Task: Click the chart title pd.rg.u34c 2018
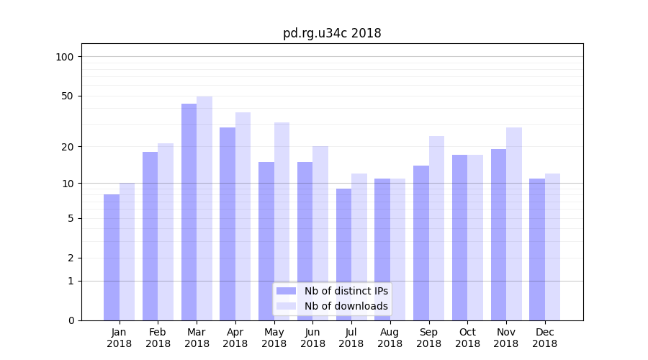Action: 332,33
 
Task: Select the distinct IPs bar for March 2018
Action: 189,212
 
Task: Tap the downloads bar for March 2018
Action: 204,208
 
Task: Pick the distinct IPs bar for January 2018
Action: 112,257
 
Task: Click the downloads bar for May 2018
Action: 282,221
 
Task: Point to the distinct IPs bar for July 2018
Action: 343,254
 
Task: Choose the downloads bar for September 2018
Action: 436,228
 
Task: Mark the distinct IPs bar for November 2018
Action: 498,235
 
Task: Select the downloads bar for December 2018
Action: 552,247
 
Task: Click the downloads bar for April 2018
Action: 243,216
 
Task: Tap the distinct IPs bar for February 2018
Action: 150,236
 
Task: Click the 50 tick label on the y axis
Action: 68,96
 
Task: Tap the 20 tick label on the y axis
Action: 68,147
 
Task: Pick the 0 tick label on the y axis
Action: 71,320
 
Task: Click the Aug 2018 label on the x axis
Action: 390,338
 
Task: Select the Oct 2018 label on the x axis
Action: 467,338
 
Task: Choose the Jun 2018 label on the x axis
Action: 312,338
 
